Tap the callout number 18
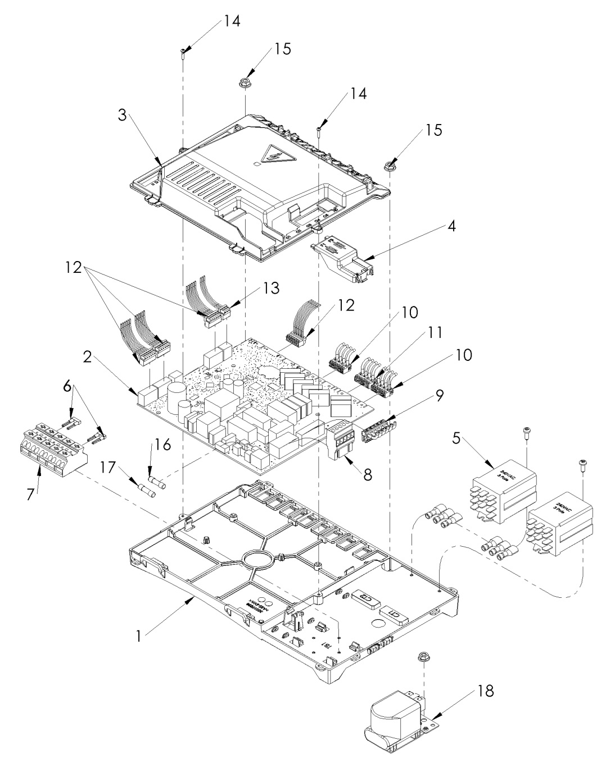486,690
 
